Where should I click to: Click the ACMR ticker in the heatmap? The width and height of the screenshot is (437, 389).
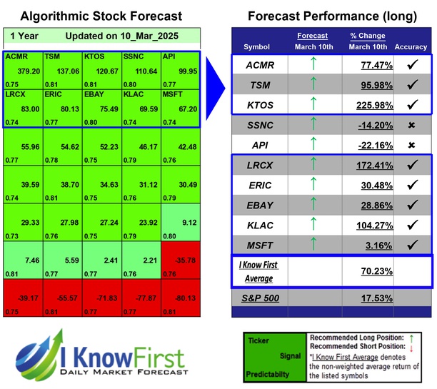pos(17,55)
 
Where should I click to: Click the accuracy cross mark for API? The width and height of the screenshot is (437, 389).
pos(411,145)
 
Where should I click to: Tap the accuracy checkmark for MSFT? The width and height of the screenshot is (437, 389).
pos(411,246)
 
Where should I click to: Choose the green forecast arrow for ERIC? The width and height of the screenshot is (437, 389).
pos(311,186)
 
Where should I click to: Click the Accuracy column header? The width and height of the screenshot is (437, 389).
pos(411,47)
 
